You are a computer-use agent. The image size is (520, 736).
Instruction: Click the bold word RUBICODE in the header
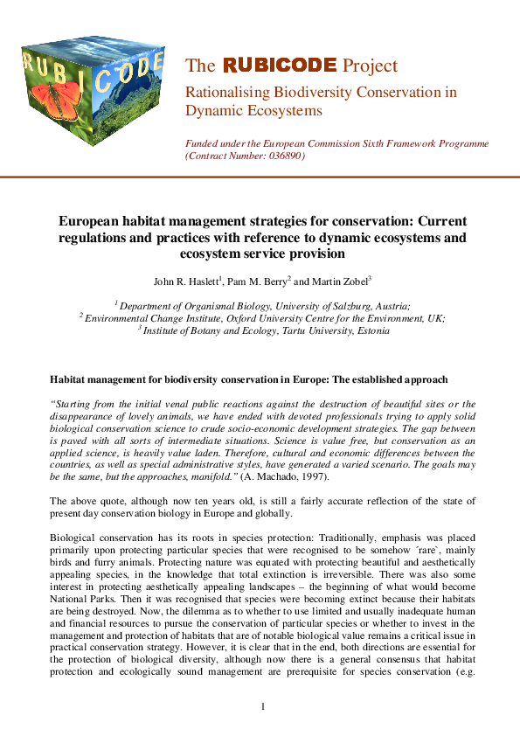[x=279, y=66]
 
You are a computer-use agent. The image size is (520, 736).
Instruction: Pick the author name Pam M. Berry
[x=254, y=281]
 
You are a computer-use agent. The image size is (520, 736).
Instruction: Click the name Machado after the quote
[x=281, y=478]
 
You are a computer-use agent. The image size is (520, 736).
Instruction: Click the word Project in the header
[x=370, y=66]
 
